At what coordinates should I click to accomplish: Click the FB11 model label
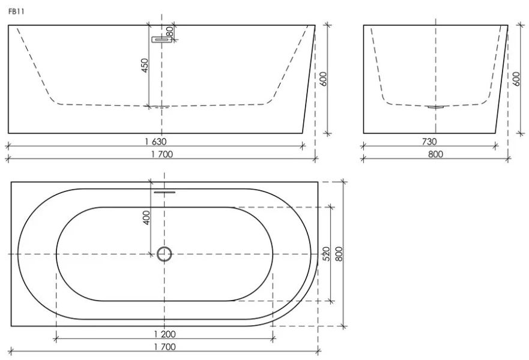(x=16, y=12)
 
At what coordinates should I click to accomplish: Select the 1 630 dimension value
(x=156, y=141)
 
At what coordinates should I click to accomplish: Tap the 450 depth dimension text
(x=144, y=66)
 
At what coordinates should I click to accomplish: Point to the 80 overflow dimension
(x=170, y=32)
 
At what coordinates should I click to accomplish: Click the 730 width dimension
(x=429, y=142)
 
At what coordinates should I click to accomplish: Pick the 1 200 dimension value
(x=165, y=334)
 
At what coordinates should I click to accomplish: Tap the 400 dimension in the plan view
(x=147, y=218)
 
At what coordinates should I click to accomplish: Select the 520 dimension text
(x=326, y=254)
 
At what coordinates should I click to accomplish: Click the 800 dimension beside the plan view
(x=339, y=254)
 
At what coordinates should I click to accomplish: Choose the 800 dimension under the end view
(x=435, y=154)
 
